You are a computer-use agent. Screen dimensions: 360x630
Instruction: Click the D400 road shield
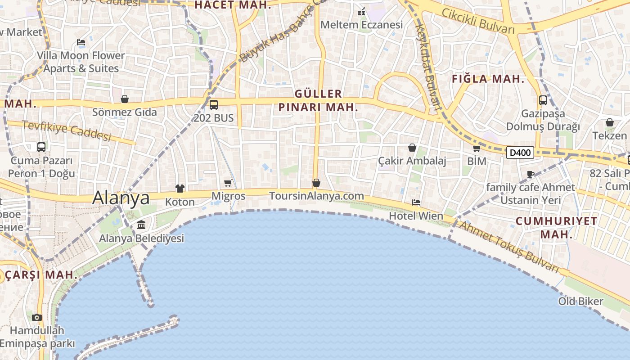pyautogui.click(x=520, y=153)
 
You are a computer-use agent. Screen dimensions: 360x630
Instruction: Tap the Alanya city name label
pyautogui.click(x=121, y=198)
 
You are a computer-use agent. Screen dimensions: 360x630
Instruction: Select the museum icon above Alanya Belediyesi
pyautogui.click(x=141, y=225)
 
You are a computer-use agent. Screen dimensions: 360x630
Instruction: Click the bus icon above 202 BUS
pyautogui.click(x=214, y=105)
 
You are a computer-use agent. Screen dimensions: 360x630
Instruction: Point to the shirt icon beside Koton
pyautogui.click(x=180, y=188)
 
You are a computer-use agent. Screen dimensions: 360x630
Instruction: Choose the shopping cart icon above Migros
pyautogui.click(x=228, y=183)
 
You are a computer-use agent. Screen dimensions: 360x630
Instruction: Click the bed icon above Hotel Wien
pyautogui.click(x=416, y=202)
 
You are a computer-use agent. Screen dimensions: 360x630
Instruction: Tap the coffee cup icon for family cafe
pyautogui.click(x=531, y=174)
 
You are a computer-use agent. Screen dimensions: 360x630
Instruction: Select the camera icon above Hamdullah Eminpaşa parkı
pyautogui.click(x=37, y=317)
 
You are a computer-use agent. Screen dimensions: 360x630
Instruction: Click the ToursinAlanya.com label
pyautogui.click(x=316, y=196)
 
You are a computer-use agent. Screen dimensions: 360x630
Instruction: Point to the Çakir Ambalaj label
pyautogui.click(x=412, y=161)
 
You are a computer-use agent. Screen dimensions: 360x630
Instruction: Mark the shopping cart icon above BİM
pyautogui.click(x=477, y=148)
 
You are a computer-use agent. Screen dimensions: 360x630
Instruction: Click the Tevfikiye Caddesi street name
pyautogui.click(x=66, y=130)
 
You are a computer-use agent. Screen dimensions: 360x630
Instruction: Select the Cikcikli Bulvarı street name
pyautogui.click(x=477, y=21)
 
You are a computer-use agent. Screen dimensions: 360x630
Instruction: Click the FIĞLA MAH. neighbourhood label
pyautogui.click(x=488, y=79)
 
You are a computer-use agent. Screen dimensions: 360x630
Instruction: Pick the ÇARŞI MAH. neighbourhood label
pyautogui.click(x=40, y=274)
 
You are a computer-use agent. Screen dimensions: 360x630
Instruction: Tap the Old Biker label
pyautogui.click(x=580, y=301)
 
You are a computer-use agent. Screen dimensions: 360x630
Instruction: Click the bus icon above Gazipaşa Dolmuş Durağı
pyautogui.click(x=543, y=100)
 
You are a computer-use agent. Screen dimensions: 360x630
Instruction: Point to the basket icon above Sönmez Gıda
pyautogui.click(x=125, y=99)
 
